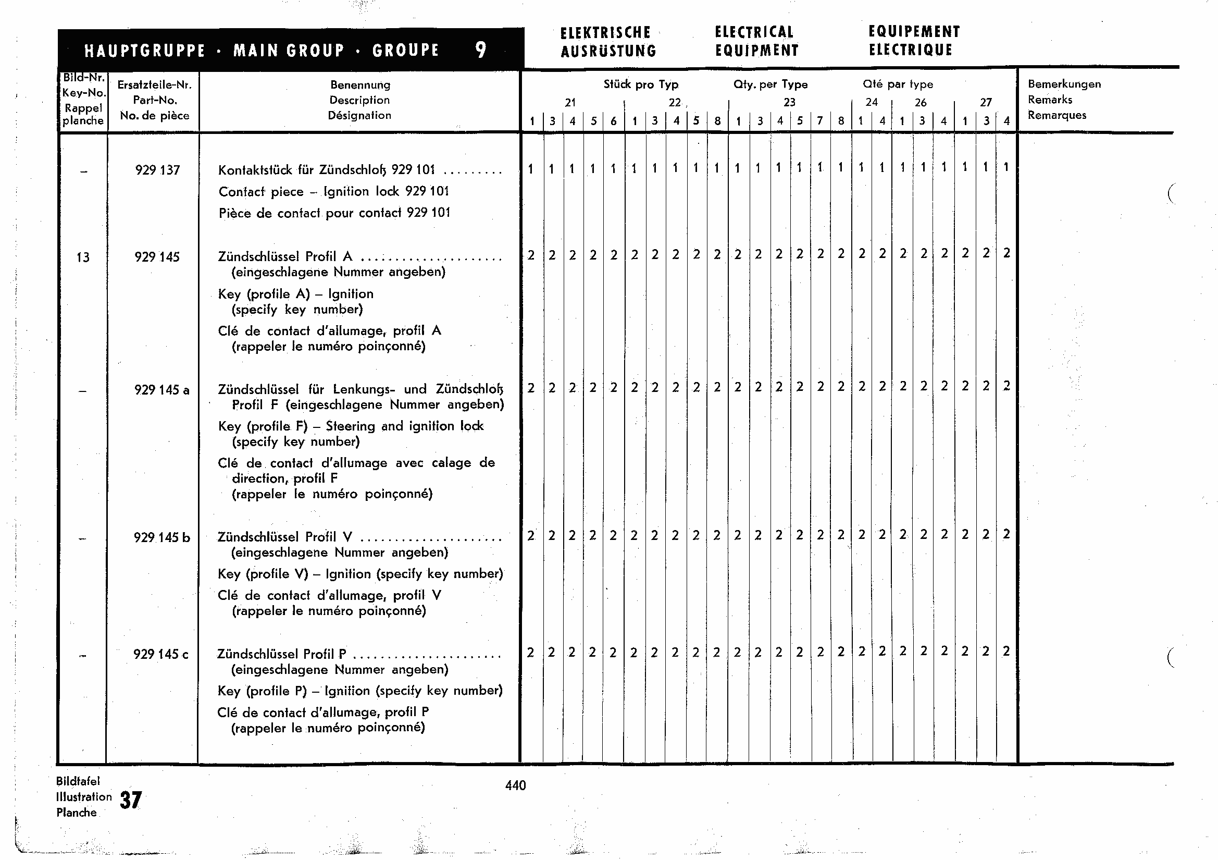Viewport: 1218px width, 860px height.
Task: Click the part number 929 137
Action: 157,170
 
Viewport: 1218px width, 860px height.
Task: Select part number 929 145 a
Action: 162,390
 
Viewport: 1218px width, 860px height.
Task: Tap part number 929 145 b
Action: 162,538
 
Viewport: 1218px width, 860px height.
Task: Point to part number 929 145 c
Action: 161,655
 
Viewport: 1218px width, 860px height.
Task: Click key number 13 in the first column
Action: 83,257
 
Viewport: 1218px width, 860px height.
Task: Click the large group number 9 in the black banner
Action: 481,50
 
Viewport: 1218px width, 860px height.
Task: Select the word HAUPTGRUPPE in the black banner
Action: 145,51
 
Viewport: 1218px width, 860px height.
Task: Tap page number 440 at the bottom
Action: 515,785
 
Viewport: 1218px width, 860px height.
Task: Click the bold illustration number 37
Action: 131,800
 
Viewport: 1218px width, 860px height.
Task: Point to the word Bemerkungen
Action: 1064,84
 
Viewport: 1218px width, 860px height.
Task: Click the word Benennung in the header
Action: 359,85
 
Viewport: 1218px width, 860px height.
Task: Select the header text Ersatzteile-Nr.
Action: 154,85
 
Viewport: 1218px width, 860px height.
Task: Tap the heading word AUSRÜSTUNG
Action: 608,52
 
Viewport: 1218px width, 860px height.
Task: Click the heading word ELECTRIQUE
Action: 910,51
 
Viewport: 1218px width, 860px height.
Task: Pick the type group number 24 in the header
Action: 872,103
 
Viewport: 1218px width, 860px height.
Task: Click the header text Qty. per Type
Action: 770,84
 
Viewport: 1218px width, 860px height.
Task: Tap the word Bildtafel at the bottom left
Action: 78,781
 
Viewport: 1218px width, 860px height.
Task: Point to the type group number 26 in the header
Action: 921,103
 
